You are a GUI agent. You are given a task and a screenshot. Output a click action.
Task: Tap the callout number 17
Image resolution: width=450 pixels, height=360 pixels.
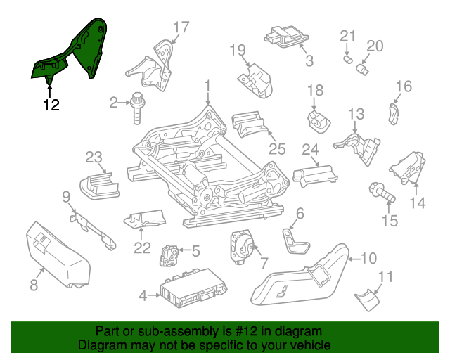point(181,28)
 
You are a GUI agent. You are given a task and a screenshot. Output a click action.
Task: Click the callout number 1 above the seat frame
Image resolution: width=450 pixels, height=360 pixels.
point(207,86)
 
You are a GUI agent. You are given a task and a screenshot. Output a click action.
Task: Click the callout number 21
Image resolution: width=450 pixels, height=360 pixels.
point(349,37)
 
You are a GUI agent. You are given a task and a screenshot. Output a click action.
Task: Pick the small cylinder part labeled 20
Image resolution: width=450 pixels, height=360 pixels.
point(364,69)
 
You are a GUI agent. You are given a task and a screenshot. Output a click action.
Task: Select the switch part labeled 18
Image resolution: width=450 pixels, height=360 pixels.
point(318,118)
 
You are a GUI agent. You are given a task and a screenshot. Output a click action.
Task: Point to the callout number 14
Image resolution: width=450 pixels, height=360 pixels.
point(418,203)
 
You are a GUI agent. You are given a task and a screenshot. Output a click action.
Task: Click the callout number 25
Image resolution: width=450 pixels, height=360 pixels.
point(278,148)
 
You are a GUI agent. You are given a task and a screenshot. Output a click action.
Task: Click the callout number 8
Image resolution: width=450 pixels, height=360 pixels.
point(33,285)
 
